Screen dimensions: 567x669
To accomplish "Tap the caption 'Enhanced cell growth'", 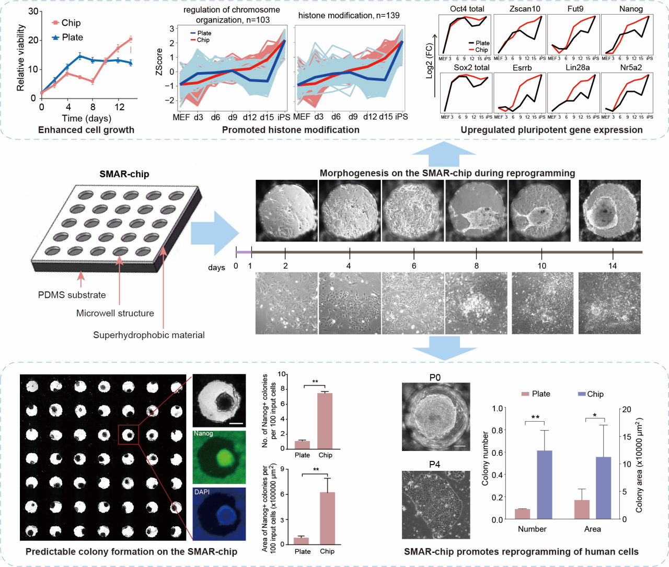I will pyautogui.click(x=86, y=130).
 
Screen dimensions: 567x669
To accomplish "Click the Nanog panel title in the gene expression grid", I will pyautogui.click(x=631, y=9).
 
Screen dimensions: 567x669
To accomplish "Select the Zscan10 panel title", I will pyautogui.click(x=525, y=9).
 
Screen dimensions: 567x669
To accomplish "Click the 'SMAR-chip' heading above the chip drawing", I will pyautogui.click(x=124, y=174).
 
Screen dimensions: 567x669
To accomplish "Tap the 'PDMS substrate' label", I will pyautogui.click(x=72, y=295).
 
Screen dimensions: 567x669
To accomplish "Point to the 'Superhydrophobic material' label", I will pyautogui.click(x=149, y=335).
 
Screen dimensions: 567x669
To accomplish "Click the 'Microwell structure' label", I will pyautogui.click(x=115, y=313).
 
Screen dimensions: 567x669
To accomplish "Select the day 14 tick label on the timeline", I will pyautogui.click(x=613, y=266).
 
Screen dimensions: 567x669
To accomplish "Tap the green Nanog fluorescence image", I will pyautogui.click(x=219, y=457).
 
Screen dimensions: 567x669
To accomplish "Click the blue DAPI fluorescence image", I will pyautogui.click(x=219, y=514).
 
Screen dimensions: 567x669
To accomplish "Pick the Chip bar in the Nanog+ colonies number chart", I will pyautogui.click(x=325, y=421).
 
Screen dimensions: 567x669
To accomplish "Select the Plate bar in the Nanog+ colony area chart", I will pyautogui.click(x=302, y=541).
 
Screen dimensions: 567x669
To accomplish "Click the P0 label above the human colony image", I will pyautogui.click(x=435, y=377).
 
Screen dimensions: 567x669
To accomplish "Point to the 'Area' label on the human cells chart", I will pyautogui.click(x=592, y=529).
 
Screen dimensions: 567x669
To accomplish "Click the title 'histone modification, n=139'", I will pyautogui.click(x=349, y=16).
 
